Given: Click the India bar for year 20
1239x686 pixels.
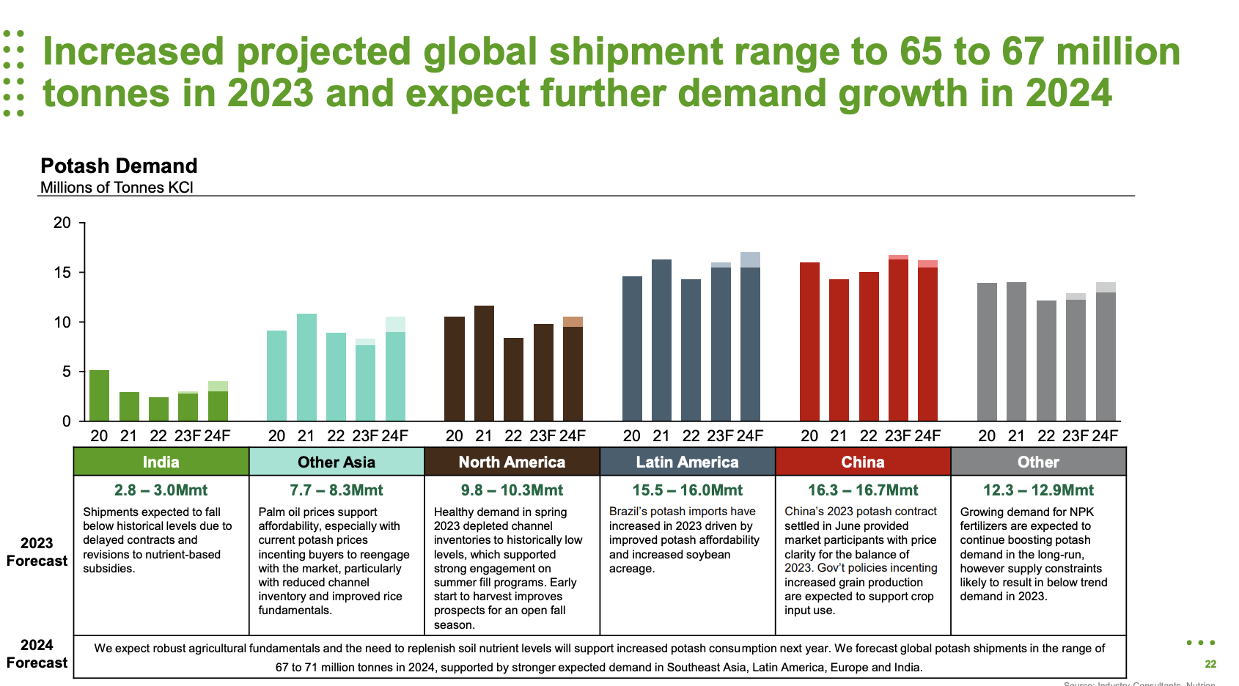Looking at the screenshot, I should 99,396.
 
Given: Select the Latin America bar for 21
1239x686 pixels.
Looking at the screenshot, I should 661,340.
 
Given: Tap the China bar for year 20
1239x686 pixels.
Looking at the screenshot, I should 809,342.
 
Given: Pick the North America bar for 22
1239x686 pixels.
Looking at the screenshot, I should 513,379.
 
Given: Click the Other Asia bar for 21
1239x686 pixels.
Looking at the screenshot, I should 306,367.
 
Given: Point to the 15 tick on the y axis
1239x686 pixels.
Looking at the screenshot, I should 62,273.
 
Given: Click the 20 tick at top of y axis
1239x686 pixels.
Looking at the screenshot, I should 62,223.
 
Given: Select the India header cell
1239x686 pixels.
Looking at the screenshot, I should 161,462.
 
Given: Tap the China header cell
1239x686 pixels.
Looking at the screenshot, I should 862,462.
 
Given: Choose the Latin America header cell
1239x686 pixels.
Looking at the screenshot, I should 687,462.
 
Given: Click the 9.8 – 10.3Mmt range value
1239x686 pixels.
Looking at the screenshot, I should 512,490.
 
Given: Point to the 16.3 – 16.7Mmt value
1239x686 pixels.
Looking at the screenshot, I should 862,490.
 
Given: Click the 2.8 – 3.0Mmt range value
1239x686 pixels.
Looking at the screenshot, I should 161,490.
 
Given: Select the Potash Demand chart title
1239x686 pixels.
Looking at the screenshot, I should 119,166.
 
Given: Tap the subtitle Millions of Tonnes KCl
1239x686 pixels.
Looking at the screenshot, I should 117,188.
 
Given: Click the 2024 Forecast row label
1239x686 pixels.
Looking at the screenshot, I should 37,654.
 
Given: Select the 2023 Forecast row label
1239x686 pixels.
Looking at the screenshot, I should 37,552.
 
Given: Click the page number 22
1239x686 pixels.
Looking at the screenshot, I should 1210,664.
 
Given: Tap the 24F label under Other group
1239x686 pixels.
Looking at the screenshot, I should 1105,436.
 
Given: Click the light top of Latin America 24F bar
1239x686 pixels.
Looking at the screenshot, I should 750,259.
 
